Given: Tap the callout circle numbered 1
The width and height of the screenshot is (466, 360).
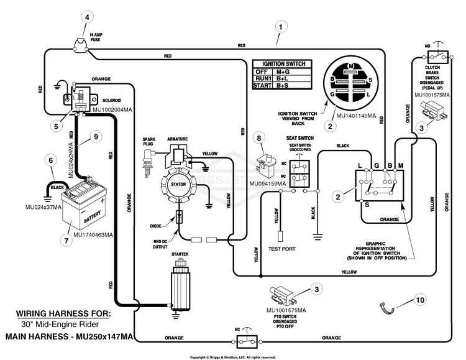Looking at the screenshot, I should (283, 27).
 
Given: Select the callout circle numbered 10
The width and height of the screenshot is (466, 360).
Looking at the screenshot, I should (421, 300).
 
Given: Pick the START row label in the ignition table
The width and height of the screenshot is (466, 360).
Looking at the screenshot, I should (262, 86).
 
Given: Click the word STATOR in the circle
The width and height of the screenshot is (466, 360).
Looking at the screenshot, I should (178, 184).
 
